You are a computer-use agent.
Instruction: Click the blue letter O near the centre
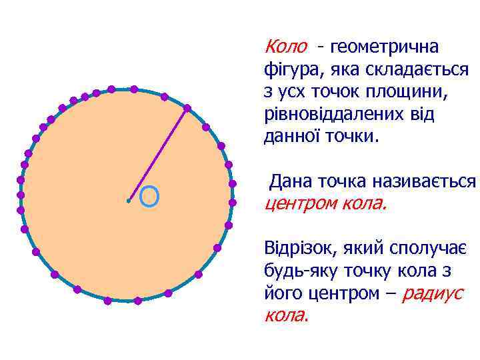point(150,196)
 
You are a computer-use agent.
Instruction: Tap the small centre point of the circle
point(128,200)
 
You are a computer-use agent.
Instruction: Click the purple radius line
point(157,154)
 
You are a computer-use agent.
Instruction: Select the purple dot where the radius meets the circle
point(187,107)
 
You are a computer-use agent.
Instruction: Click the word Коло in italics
point(286,47)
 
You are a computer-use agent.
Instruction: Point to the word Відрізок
point(301,248)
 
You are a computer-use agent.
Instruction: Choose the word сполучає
point(427,248)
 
